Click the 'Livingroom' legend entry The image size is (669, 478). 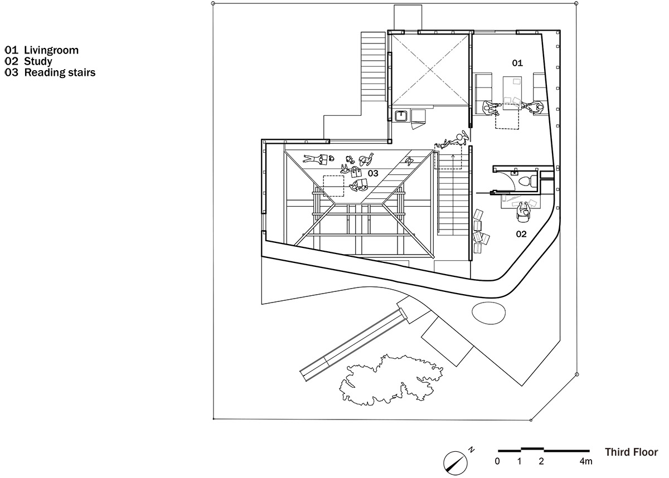click(x=51, y=50)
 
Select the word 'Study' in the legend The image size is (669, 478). click(x=38, y=61)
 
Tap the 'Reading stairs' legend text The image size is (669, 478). click(x=60, y=72)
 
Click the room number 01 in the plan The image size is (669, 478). click(x=517, y=63)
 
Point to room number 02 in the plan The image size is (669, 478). click(x=521, y=234)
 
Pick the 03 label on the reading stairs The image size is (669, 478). click(x=373, y=173)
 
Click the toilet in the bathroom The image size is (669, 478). click(x=528, y=181)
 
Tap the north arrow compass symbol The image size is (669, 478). click(x=455, y=463)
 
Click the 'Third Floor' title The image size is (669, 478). click(x=631, y=452)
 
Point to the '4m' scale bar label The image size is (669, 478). click(x=586, y=461)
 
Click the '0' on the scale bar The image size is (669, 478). click(x=497, y=461)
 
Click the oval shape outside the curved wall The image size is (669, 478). click(x=488, y=313)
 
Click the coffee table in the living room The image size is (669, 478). click(x=512, y=93)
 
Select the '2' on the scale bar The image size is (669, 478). click(x=541, y=461)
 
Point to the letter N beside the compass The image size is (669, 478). click(x=471, y=450)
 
